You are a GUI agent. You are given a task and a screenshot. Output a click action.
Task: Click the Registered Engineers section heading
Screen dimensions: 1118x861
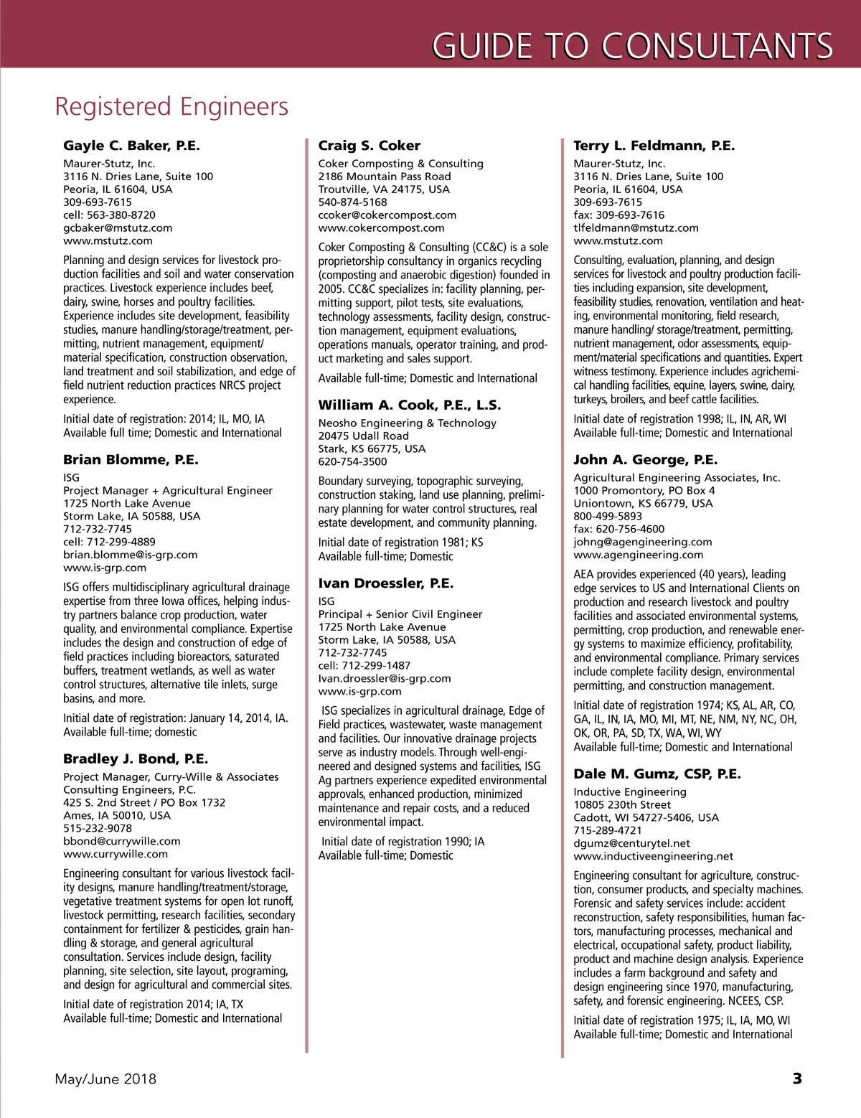point(171,107)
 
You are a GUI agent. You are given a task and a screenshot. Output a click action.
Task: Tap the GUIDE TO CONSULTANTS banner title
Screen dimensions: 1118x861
point(631,46)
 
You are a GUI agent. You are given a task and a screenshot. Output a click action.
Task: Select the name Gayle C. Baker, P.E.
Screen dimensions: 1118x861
point(131,146)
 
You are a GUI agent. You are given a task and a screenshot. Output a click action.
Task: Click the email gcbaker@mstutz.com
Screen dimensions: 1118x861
point(118,227)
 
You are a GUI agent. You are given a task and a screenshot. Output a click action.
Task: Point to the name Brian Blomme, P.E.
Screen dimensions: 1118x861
point(131,460)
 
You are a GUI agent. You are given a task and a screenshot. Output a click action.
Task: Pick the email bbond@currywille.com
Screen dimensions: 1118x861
point(121,841)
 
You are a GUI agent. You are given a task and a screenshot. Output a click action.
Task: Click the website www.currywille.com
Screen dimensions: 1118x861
point(116,854)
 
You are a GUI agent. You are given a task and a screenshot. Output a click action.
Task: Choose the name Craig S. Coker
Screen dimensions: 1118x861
point(369,146)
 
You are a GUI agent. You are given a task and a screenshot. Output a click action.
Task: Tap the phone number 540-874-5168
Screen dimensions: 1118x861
point(352,202)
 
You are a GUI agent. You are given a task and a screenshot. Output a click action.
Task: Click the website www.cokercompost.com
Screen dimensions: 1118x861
point(381,227)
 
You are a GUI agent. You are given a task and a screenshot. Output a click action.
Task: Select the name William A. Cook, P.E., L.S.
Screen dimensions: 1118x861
point(410,405)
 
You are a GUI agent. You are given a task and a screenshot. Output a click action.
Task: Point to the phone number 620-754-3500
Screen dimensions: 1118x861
point(352,461)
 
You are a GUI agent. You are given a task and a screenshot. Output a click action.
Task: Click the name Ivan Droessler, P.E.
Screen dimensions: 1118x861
point(385,583)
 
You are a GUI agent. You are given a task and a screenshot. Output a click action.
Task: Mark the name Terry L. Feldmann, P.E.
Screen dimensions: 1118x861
point(654,146)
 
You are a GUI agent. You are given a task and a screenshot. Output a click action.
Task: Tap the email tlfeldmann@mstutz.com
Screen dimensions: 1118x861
point(636,227)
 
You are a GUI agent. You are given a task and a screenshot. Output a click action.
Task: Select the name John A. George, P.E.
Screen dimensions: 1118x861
point(645,460)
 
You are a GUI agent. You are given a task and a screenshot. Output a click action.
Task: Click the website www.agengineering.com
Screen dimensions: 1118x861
point(638,555)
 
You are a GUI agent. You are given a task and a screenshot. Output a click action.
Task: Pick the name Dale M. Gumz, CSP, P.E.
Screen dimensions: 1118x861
point(657,774)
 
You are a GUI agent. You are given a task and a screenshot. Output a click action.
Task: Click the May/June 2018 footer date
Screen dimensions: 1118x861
point(105,1079)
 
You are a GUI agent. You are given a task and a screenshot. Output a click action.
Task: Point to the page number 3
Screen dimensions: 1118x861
point(796,1079)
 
